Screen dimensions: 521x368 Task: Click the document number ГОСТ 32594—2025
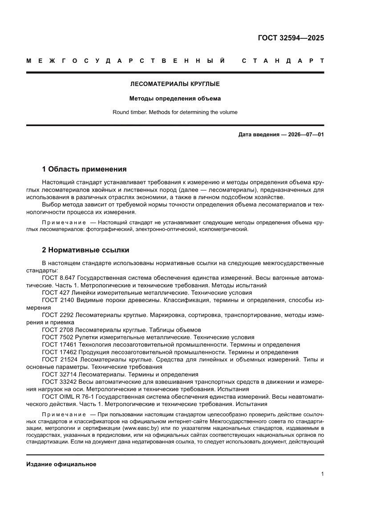(291, 37)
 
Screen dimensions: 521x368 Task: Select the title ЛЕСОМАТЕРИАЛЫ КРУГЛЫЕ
(175, 83)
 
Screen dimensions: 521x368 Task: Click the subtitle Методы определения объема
(175, 98)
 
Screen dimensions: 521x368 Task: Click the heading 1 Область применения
(84, 169)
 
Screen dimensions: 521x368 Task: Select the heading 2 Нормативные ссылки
(85, 250)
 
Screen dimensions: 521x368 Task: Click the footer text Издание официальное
(61, 464)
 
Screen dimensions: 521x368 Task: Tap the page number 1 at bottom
(322, 474)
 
